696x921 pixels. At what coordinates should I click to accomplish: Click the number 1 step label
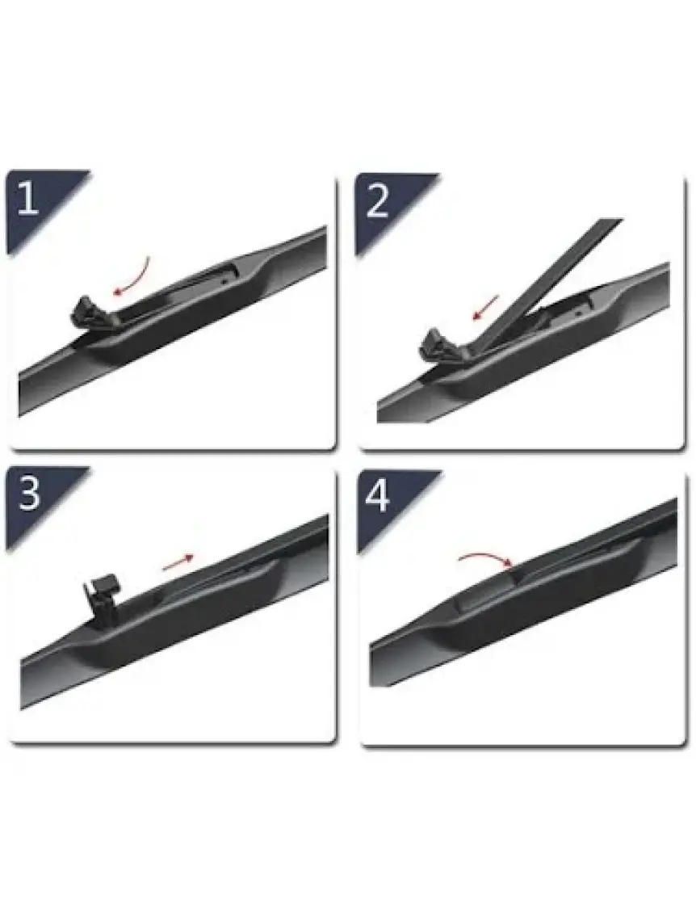pyautogui.click(x=28, y=199)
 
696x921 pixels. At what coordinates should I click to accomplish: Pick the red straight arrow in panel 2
pyautogui.click(x=486, y=308)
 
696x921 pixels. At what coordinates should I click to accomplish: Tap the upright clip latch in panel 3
pyautogui.click(x=104, y=595)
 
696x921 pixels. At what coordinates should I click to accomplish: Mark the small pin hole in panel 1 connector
pyautogui.click(x=224, y=281)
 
